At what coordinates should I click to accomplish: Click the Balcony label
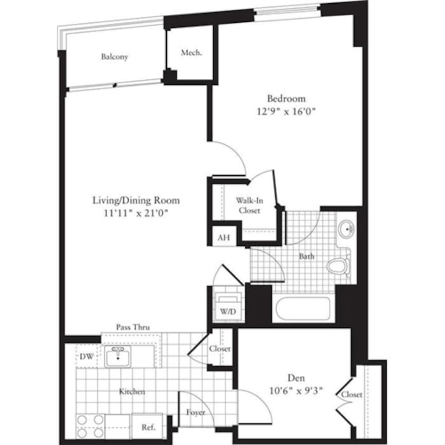click(x=114, y=57)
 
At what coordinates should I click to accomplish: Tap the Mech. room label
click(x=191, y=53)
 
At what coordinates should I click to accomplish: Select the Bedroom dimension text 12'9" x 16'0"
click(x=286, y=111)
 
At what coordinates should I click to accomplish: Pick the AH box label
click(x=223, y=238)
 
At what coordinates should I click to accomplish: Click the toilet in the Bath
click(x=338, y=266)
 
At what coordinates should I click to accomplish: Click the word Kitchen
click(x=132, y=392)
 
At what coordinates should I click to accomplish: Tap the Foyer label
click(x=196, y=412)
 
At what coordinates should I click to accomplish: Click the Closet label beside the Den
click(x=352, y=395)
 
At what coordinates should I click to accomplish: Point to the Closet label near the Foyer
click(x=220, y=349)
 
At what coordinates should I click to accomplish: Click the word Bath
click(x=306, y=256)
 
